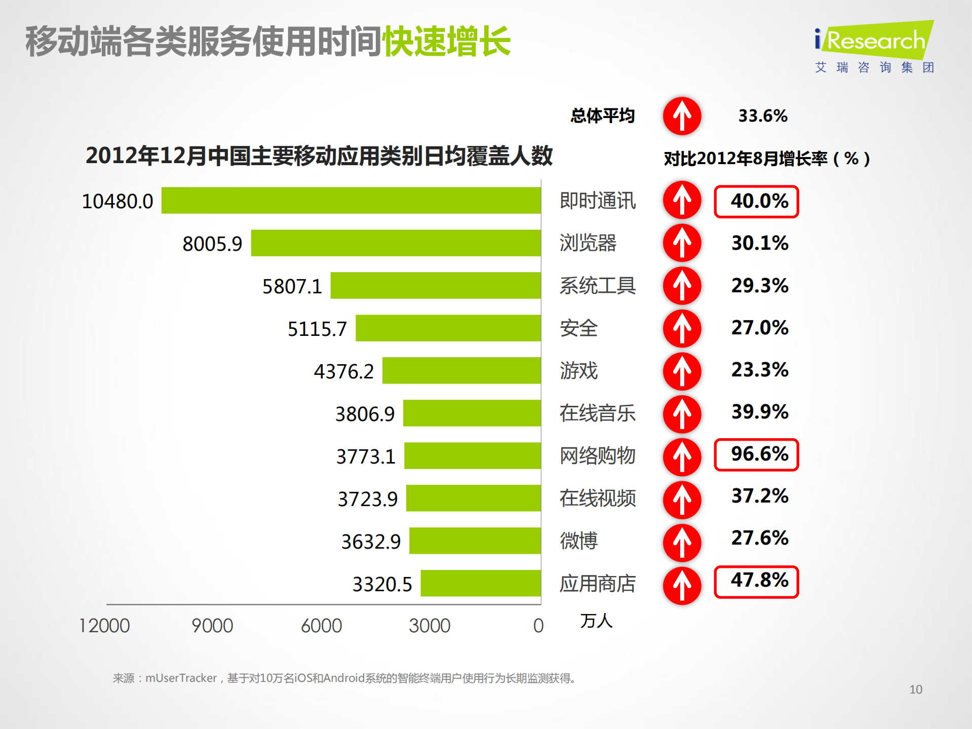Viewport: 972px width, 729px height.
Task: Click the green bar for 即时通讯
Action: [x=351, y=201]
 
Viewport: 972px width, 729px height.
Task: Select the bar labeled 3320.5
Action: [x=481, y=584]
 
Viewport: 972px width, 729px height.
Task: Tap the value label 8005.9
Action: [x=212, y=244]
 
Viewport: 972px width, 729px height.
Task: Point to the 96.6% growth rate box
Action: [x=756, y=454]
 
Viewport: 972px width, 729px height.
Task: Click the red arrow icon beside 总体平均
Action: [x=682, y=116]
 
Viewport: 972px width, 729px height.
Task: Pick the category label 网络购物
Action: [x=597, y=455]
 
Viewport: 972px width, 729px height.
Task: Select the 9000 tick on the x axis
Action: [x=212, y=626]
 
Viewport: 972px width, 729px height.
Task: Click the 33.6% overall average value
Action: [x=762, y=116]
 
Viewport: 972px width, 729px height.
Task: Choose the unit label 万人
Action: [x=596, y=621]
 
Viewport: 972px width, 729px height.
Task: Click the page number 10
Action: [x=915, y=689]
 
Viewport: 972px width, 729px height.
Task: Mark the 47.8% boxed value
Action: [x=756, y=582]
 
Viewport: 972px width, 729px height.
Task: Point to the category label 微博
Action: [x=578, y=541]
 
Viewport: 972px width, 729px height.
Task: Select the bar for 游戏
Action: [x=461, y=370]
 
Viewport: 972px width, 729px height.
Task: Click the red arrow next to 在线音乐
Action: [x=682, y=413]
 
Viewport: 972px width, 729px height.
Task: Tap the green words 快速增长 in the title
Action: [x=446, y=42]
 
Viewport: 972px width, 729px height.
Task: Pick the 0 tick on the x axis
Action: [x=538, y=626]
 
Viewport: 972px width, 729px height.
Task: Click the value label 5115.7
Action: [x=317, y=329]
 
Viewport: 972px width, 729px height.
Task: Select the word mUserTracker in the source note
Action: [x=181, y=678]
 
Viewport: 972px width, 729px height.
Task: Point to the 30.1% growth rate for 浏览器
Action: [x=759, y=243]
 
